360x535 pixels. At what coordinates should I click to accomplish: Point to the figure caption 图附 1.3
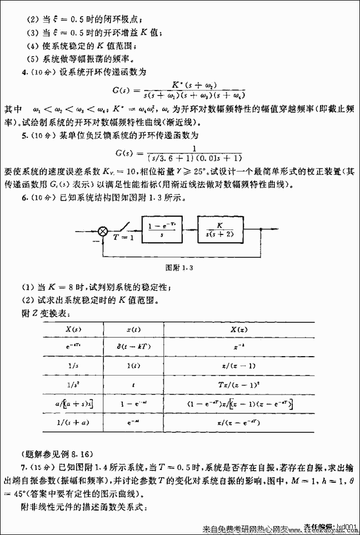pyautogui.click(x=180, y=268)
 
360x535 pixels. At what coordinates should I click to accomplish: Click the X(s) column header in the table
pyautogui.click(x=72, y=329)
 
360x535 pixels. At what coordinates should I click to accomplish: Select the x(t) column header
pyautogui.click(x=133, y=329)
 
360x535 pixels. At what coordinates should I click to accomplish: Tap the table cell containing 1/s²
pyautogui.click(x=72, y=383)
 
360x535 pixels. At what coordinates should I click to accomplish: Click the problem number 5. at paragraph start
pyautogui.click(x=23, y=135)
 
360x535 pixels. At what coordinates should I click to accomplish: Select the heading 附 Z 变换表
pyautogui.click(x=44, y=313)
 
